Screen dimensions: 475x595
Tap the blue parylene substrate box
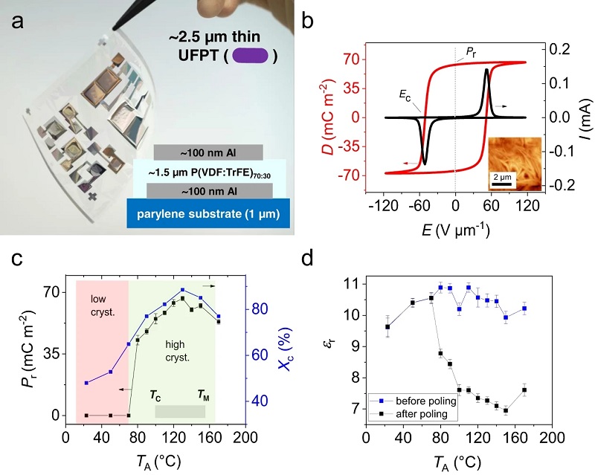pos(208,213)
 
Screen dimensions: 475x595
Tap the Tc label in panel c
pos(155,393)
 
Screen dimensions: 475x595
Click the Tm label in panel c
pos(202,393)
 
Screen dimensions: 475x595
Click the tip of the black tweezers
pos(113,29)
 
